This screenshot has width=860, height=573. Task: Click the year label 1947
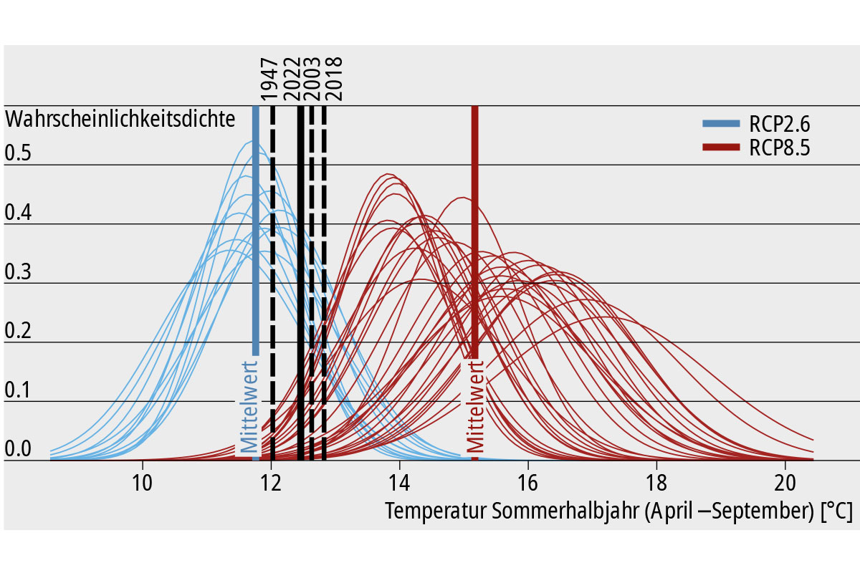[x=269, y=78]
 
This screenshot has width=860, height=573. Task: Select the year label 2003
[x=312, y=78]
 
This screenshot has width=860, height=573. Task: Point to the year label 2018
[x=334, y=78]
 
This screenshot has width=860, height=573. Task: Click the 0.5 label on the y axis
[x=18, y=153]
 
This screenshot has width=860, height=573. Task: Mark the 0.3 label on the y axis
[x=18, y=271]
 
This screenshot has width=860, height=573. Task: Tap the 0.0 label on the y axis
[x=18, y=449]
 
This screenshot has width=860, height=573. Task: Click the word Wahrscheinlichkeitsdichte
[x=120, y=119]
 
